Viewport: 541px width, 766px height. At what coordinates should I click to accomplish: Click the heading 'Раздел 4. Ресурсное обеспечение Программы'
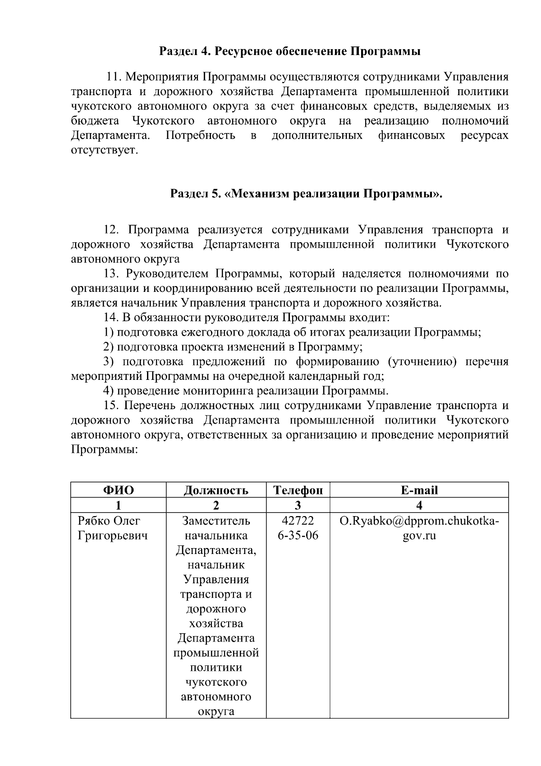(290, 51)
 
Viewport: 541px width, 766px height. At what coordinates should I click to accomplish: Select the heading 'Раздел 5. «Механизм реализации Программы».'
(306, 194)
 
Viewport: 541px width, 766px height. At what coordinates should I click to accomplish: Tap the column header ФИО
(119, 490)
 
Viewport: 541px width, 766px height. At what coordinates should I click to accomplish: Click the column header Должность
(216, 490)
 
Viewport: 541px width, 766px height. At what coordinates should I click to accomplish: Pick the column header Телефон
(298, 490)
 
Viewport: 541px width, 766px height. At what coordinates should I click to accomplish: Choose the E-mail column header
(419, 490)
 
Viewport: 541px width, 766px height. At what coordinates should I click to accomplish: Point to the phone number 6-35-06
(298, 535)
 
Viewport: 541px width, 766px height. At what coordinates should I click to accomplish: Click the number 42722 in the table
(298, 521)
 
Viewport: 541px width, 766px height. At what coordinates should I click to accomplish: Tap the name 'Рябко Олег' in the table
(109, 521)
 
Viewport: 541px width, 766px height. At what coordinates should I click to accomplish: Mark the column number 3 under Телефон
(298, 505)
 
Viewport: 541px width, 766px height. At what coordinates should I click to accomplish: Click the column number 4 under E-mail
(419, 505)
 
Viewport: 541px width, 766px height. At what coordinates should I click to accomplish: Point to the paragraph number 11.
(114, 77)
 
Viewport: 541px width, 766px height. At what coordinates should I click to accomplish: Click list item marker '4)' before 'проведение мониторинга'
(108, 391)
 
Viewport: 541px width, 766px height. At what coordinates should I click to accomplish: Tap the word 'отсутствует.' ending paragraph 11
(104, 150)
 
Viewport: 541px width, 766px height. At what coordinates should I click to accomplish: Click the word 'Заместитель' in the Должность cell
(216, 521)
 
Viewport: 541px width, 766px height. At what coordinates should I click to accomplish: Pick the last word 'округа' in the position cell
(216, 711)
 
